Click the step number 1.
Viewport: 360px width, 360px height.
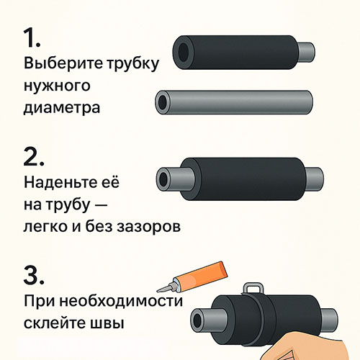pyautogui.click(x=32, y=38)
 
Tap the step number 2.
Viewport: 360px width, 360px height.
pyautogui.click(x=34, y=156)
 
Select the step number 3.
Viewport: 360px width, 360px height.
pyautogui.click(x=34, y=275)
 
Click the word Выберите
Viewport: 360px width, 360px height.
pyautogui.click(x=63, y=63)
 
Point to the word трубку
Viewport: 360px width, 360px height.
pyautogui.click(x=132, y=64)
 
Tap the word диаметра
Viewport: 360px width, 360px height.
pyautogui.click(x=62, y=108)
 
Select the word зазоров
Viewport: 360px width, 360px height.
pyautogui.click(x=148, y=227)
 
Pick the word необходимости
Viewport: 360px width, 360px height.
pyautogui.click(x=121, y=301)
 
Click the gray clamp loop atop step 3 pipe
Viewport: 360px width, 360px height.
pyautogui.click(x=253, y=288)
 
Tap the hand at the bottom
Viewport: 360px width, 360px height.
pyautogui.click(x=304, y=347)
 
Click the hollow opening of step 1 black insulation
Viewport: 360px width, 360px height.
pyautogui.click(x=184, y=53)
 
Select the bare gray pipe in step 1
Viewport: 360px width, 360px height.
pyautogui.click(x=234, y=102)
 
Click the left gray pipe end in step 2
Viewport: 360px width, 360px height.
pyautogui.click(x=175, y=179)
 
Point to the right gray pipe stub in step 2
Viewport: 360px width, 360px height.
pyautogui.click(x=315, y=179)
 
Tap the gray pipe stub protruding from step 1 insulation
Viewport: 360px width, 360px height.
pyautogui.click(x=307, y=53)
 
